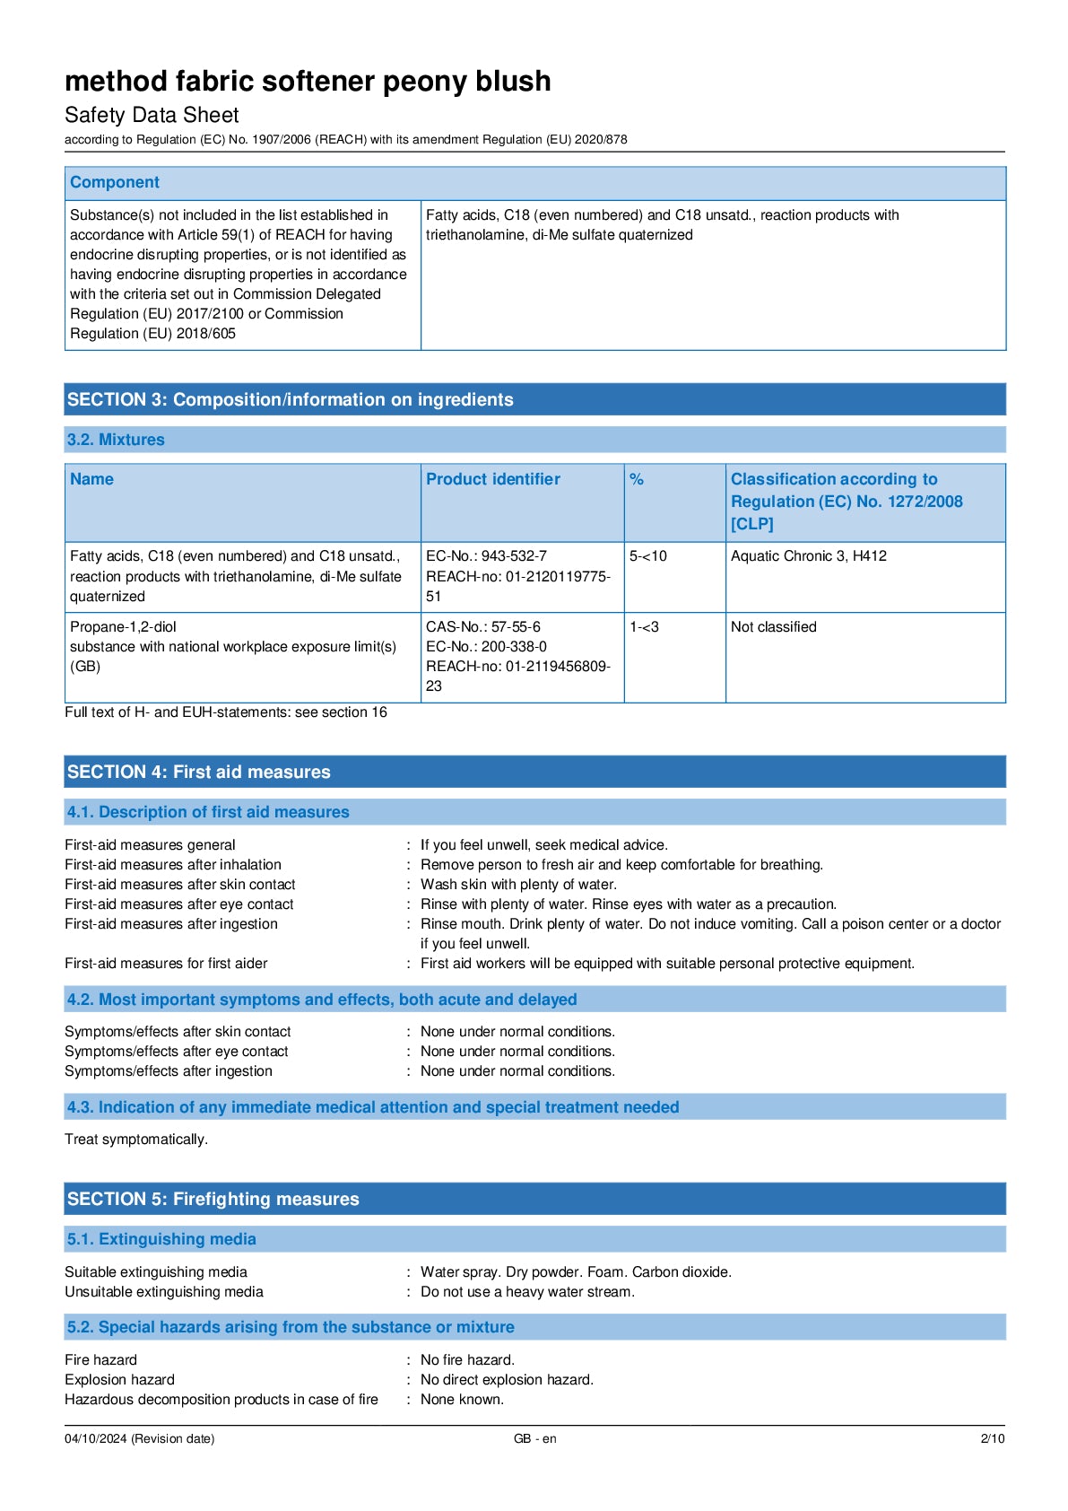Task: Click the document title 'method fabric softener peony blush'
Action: pos(308,82)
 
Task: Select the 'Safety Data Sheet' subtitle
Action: pos(152,115)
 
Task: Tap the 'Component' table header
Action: pos(115,182)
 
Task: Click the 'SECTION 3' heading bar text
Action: pos(290,400)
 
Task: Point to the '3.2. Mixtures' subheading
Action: pos(116,440)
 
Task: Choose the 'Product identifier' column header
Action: pos(492,479)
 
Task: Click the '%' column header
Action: pos(637,479)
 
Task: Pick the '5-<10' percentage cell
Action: pos(647,556)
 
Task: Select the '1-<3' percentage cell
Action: pos(644,627)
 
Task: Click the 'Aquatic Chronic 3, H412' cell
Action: pos(808,556)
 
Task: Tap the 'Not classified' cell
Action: pos(773,627)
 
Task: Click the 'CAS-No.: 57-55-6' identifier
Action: pos(482,627)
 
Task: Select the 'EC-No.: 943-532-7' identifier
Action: pos(486,556)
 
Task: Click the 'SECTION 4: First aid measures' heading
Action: pos(198,772)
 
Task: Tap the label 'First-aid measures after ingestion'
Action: pos(170,924)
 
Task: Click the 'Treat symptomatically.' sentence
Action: pos(136,1140)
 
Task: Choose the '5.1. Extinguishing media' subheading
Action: pos(161,1239)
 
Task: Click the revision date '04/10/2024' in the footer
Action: pos(95,1438)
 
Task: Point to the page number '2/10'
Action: pos(992,1438)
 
